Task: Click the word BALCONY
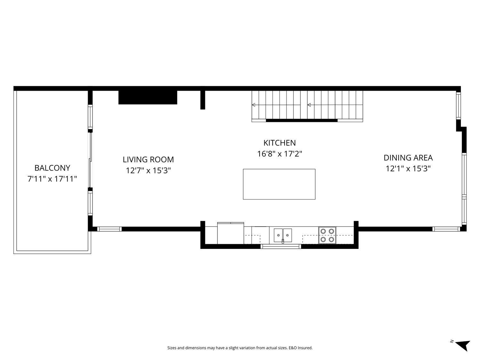point(52,168)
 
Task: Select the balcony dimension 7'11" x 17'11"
point(52,179)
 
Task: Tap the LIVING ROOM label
point(148,159)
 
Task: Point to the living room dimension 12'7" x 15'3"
point(148,171)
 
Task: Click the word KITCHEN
point(279,143)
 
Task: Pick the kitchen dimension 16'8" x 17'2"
point(279,154)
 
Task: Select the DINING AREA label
point(408,158)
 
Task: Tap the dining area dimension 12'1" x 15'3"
point(408,169)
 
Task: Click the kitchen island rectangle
point(279,184)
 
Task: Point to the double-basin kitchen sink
point(283,236)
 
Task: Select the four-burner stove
point(327,235)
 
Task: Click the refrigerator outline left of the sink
point(230,233)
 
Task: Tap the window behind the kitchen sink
point(281,246)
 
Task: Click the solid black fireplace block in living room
point(148,97)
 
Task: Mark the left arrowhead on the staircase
point(254,105)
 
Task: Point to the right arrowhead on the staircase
point(309,105)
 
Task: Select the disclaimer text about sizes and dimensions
point(240,348)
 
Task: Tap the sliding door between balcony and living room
point(91,160)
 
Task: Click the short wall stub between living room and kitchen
point(202,100)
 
